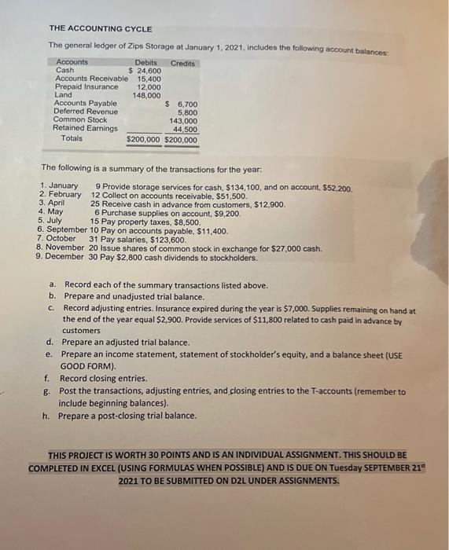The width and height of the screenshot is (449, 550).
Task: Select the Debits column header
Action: click(145, 62)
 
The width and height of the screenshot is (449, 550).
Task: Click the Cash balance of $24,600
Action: click(145, 71)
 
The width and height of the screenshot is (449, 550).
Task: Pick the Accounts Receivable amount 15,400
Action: click(149, 79)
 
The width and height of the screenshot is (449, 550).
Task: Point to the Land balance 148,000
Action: click(146, 95)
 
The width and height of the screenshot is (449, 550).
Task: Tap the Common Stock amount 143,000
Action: click(183, 120)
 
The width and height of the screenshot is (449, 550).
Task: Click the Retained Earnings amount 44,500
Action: click(186, 129)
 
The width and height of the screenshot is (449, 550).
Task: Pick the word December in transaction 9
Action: click(65, 256)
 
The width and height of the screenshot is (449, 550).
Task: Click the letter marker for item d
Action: click(50, 343)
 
